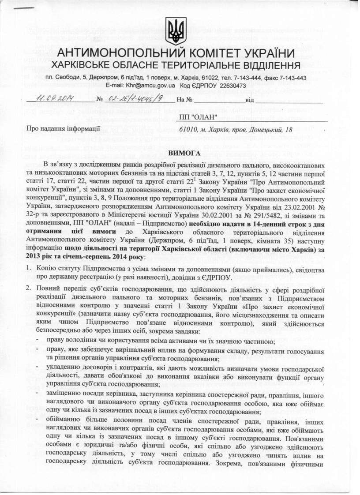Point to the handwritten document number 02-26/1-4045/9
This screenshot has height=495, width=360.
(137, 98)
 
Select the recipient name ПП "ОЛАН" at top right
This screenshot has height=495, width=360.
(199, 116)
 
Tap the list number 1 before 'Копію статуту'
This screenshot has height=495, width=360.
(27, 267)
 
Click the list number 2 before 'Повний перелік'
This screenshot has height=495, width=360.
(27, 289)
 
